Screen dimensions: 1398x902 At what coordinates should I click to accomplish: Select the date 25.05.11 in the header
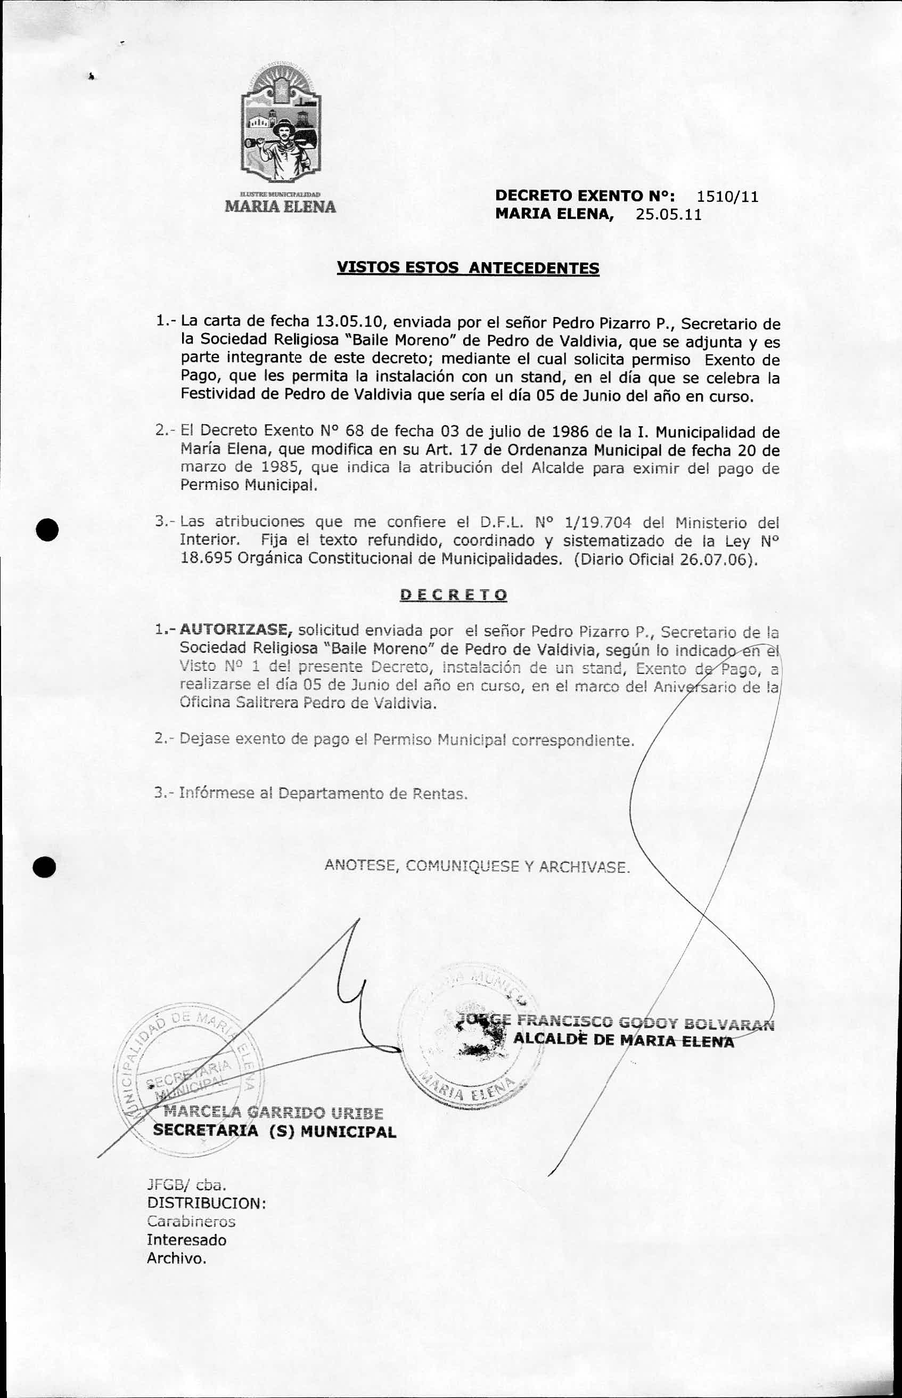point(669,215)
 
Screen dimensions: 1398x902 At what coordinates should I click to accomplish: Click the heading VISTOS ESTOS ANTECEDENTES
point(468,269)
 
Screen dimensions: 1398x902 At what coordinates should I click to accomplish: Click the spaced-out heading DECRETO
point(453,595)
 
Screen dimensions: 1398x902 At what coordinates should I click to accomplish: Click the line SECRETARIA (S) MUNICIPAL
point(274,1132)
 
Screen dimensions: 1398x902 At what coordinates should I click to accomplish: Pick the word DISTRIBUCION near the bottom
point(206,1203)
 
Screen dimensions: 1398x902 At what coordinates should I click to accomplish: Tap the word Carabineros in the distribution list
point(191,1222)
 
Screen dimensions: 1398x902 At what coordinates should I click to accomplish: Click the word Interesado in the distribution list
point(186,1240)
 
